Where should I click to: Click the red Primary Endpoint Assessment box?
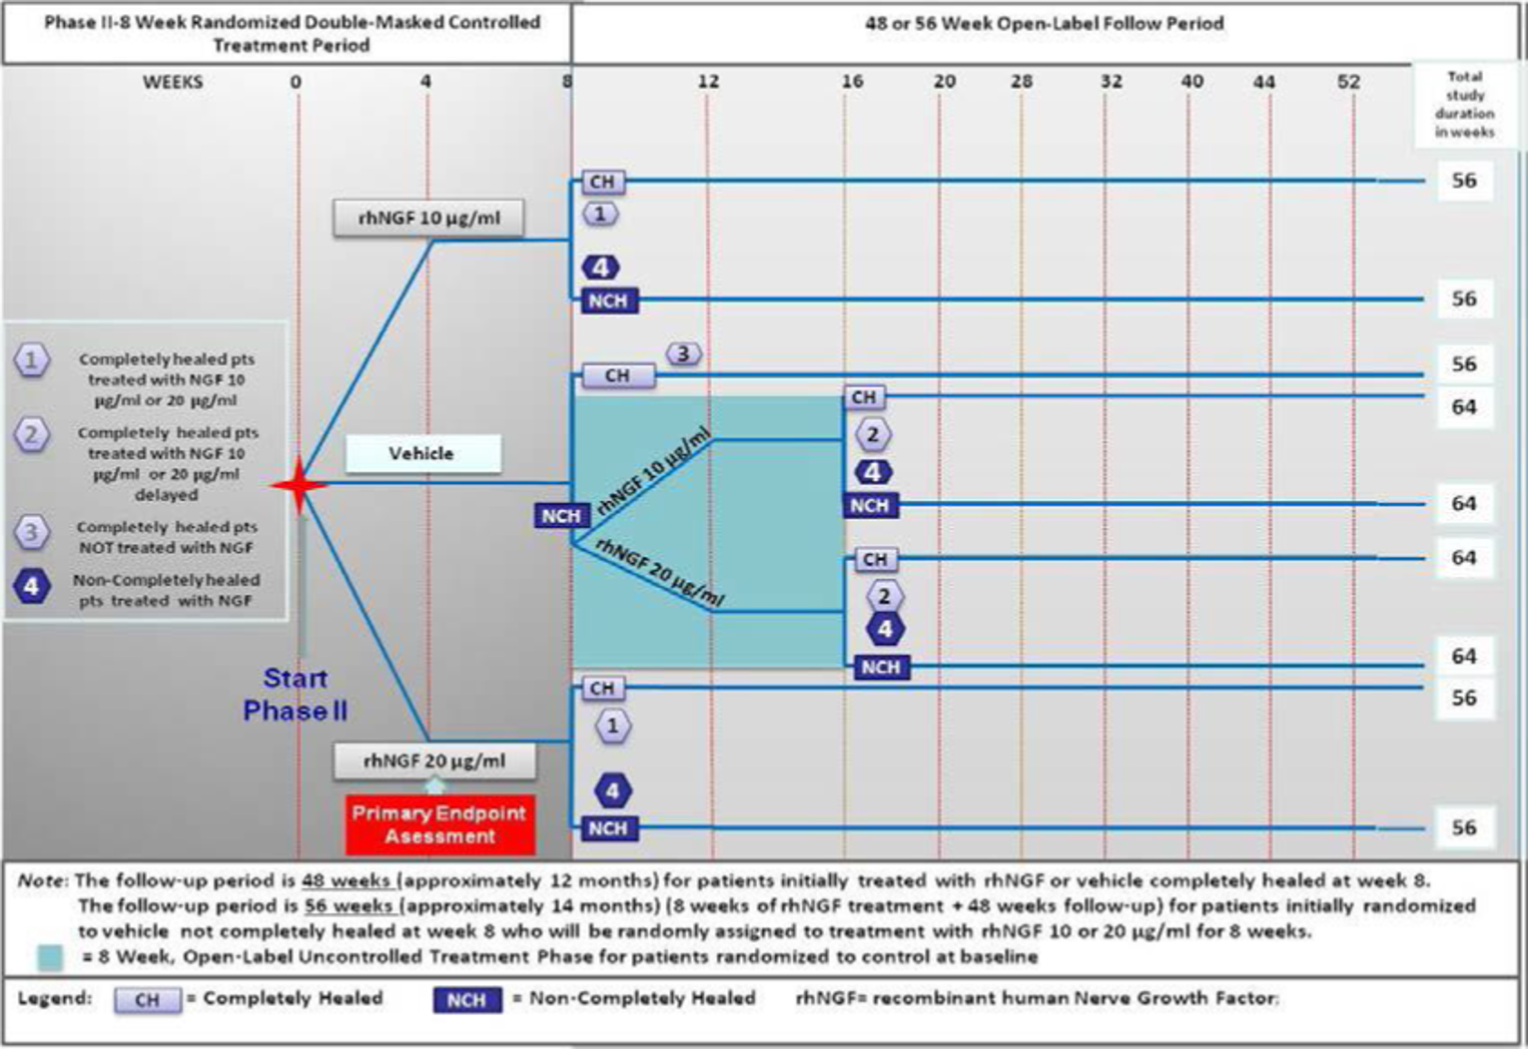tap(439, 824)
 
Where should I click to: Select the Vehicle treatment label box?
tap(422, 454)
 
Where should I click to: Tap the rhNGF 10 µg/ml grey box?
tap(428, 218)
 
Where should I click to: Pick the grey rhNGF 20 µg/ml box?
tap(434, 761)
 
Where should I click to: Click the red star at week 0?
tap(299, 486)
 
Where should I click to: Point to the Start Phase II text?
tap(295, 695)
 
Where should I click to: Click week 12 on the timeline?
tap(708, 81)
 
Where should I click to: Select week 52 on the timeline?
tap(1348, 81)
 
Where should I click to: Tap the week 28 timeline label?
tap(1021, 81)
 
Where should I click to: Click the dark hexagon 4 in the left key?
tap(32, 587)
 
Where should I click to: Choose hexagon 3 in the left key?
tap(32, 533)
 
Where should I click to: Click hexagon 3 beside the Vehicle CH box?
tap(684, 353)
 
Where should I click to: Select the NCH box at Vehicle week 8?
tap(560, 516)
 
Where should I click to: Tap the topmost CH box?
tap(602, 182)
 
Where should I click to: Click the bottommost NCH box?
tap(607, 828)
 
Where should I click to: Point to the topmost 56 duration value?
tap(1463, 181)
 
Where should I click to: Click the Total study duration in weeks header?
tap(1464, 104)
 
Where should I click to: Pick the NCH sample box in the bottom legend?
tap(466, 1000)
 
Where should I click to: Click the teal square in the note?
tap(50, 958)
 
